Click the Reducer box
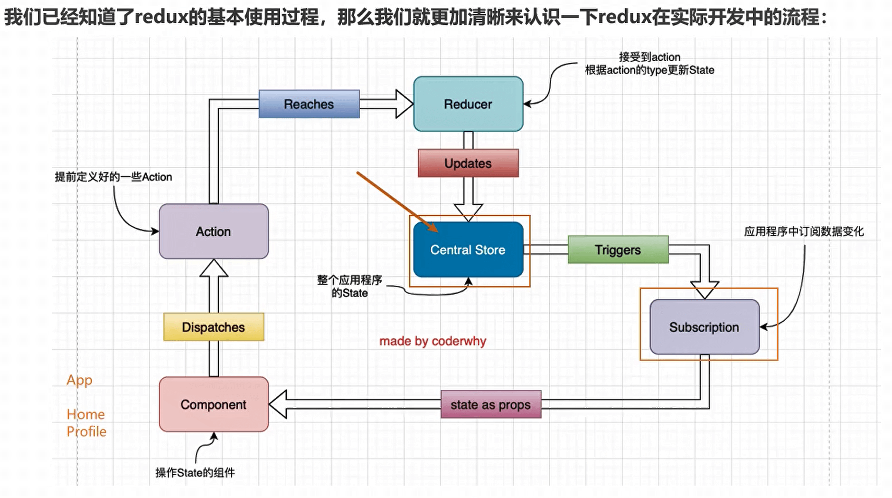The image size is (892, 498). [x=468, y=104]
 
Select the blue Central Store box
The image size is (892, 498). [x=468, y=249]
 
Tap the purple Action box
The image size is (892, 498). [x=214, y=231]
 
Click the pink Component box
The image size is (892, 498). [x=214, y=404]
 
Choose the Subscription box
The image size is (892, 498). [x=704, y=327]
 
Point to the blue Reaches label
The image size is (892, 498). [x=309, y=104]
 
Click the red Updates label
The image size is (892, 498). [x=468, y=163]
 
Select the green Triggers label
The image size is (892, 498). [x=618, y=249]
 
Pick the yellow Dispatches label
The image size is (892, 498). [x=214, y=327]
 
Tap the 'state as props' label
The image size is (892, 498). [x=490, y=404]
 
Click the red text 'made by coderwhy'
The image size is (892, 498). [x=432, y=341]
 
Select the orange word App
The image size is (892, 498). [x=79, y=380]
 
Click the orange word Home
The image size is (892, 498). [x=85, y=414]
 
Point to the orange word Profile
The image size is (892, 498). [x=86, y=431]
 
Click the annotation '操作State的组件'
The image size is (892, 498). [x=195, y=472]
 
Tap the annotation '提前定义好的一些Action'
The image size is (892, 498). [x=113, y=177]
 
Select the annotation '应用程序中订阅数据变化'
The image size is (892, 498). [x=804, y=231]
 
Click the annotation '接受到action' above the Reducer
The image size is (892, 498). [x=649, y=57]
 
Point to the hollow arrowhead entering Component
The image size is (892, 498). [x=279, y=404]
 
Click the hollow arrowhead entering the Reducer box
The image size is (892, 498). [x=404, y=104]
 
